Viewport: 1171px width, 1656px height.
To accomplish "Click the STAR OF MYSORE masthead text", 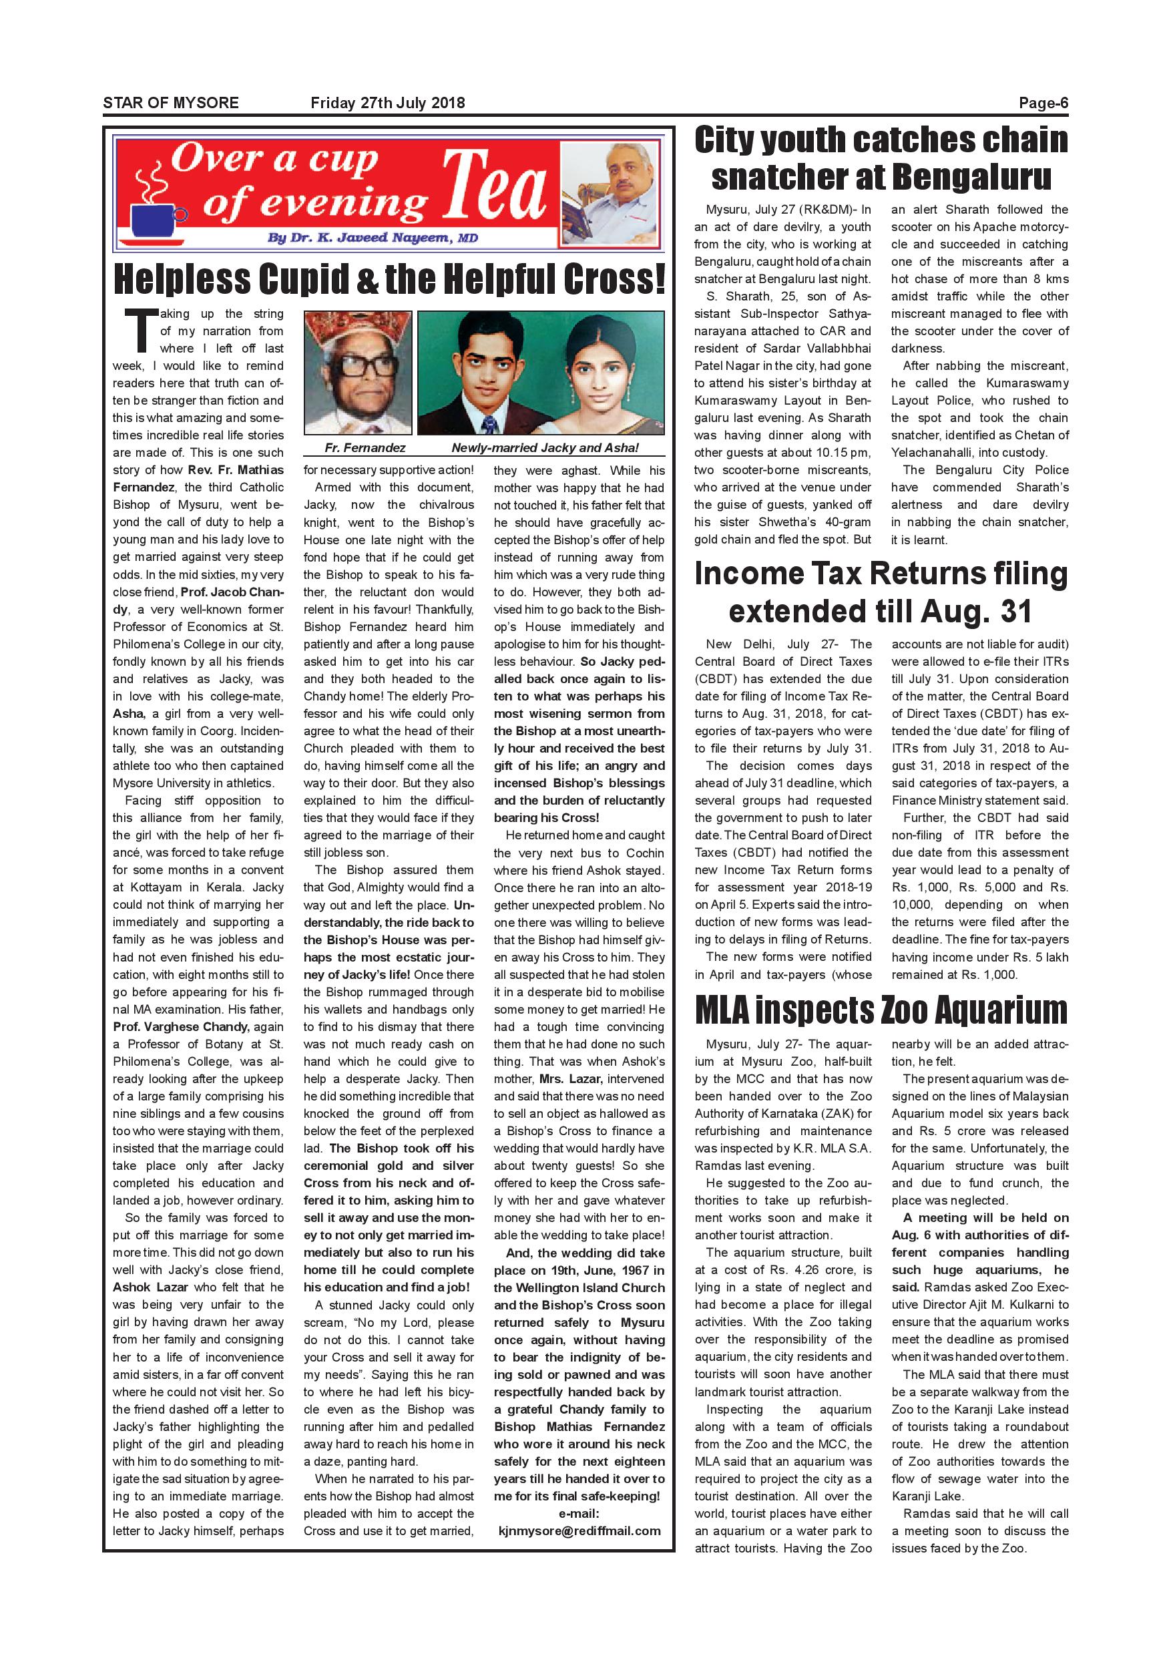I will coord(171,103).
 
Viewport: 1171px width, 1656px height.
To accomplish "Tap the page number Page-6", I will coord(1043,103).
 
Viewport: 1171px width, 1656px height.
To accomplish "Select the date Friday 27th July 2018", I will coord(387,103).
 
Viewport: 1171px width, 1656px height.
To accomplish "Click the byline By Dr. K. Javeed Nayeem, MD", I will coord(372,238).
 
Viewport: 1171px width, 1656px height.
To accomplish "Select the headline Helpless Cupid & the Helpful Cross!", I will coord(389,279).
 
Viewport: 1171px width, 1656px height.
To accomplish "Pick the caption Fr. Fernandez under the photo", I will coord(365,448).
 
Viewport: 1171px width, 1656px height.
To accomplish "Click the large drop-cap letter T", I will coord(140,331).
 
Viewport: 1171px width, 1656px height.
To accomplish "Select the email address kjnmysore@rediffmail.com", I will coord(579,1530).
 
